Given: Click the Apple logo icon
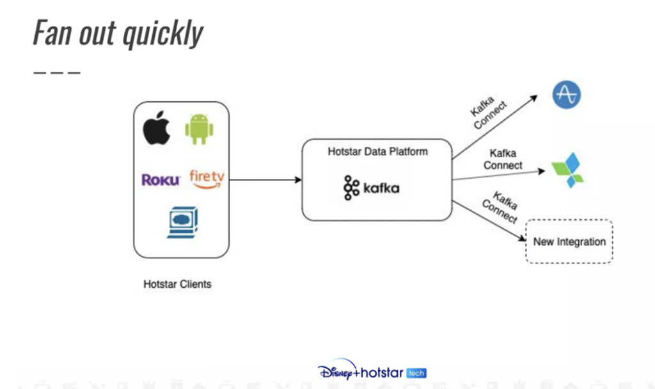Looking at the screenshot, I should pyautogui.click(x=157, y=129).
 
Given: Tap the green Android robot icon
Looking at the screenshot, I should pyautogui.click(x=199, y=129).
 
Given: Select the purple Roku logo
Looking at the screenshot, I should pyautogui.click(x=161, y=180).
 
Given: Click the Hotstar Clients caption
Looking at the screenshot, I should pyautogui.click(x=177, y=284).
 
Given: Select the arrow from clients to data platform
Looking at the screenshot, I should pyautogui.click(x=265, y=180).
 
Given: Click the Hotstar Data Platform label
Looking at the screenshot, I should pyautogui.click(x=377, y=152).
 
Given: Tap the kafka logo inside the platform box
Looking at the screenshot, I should pyautogui.click(x=372, y=188).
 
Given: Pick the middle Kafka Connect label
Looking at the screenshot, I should pyautogui.click(x=503, y=160).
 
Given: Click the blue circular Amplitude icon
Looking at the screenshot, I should pyautogui.click(x=566, y=95).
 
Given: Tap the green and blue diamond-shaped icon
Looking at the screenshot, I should pyautogui.click(x=568, y=170).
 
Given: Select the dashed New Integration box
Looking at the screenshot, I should pyautogui.click(x=569, y=242).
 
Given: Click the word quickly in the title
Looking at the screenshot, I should pyautogui.click(x=164, y=33).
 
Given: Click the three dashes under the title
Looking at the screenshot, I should pyautogui.click(x=56, y=72).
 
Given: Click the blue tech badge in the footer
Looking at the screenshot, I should pyautogui.click(x=416, y=373).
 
